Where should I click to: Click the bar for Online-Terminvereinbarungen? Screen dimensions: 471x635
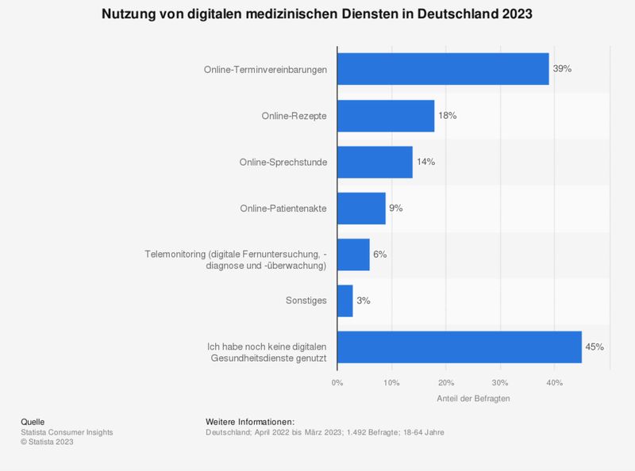pyautogui.click(x=443, y=69)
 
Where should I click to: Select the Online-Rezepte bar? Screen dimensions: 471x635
pyautogui.click(x=386, y=116)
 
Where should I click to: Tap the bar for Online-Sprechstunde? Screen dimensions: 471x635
pyautogui.click(x=375, y=162)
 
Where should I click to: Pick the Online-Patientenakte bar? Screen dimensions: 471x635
pyautogui.click(x=361, y=208)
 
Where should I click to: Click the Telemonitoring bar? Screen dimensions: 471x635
pyautogui.click(x=353, y=255)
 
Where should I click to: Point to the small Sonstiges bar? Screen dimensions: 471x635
pyautogui.click(x=345, y=301)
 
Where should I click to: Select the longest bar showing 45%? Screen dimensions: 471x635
pyautogui.click(x=459, y=347)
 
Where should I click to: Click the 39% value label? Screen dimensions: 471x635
pyautogui.click(x=562, y=69)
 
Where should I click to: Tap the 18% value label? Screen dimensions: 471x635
pyautogui.click(x=448, y=116)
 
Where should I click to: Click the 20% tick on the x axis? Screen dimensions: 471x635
pyautogui.click(x=445, y=383)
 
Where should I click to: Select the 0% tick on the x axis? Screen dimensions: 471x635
pyautogui.click(x=337, y=383)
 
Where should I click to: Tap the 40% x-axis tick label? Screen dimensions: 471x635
pyautogui.click(x=554, y=383)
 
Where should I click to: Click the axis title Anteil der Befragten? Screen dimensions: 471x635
pyautogui.click(x=473, y=399)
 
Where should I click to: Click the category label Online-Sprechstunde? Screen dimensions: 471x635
pyautogui.click(x=283, y=162)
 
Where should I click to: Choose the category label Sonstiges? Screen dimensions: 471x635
pyautogui.click(x=306, y=301)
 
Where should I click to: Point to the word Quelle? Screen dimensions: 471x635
pyautogui.click(x=33, y=421)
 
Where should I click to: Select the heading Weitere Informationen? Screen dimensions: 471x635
pyautogui.click(x=250, y=421)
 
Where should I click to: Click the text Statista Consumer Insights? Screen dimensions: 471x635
pyautogui.click(x=67, y=432)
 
